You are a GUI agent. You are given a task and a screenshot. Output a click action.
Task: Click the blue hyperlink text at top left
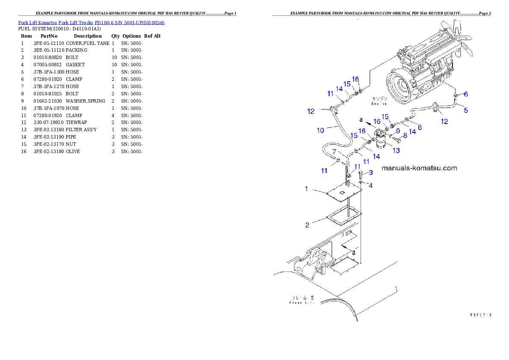(x=91, y=22)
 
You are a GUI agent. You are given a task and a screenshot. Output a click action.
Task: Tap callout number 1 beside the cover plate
(x=307, y=189)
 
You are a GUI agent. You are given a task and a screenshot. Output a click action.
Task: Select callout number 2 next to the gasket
(x=308, y=224)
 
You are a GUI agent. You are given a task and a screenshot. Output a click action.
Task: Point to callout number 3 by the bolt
(x=370, y=172)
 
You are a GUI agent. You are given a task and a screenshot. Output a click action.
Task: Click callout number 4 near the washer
(x=370, y=186)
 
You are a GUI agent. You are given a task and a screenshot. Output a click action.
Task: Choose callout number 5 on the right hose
(x=466, y=110)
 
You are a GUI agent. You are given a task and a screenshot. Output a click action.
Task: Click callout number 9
(x=397, y=130)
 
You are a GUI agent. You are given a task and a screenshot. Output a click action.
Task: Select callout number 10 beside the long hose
(x=320, y=130)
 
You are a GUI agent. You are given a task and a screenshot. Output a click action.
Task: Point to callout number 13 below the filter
(x=396, y=150)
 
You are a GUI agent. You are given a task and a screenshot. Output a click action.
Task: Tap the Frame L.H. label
(x=302, y=300)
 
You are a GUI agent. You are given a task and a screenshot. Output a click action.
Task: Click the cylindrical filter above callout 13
(x=380, y=139)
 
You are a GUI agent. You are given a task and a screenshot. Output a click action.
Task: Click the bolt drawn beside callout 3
(x=361, y=174)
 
